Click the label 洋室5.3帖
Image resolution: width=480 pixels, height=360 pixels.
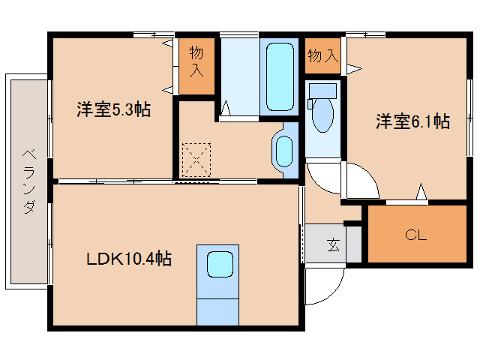[113, 109]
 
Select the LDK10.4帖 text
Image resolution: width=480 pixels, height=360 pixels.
[129, 259]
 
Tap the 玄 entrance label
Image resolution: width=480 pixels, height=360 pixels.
[332, 244]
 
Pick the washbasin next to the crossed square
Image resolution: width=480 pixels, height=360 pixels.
[284, 151]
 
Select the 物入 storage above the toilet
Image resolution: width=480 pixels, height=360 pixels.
[322, 55]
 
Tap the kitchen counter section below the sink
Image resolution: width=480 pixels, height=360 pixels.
[217, 307]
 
